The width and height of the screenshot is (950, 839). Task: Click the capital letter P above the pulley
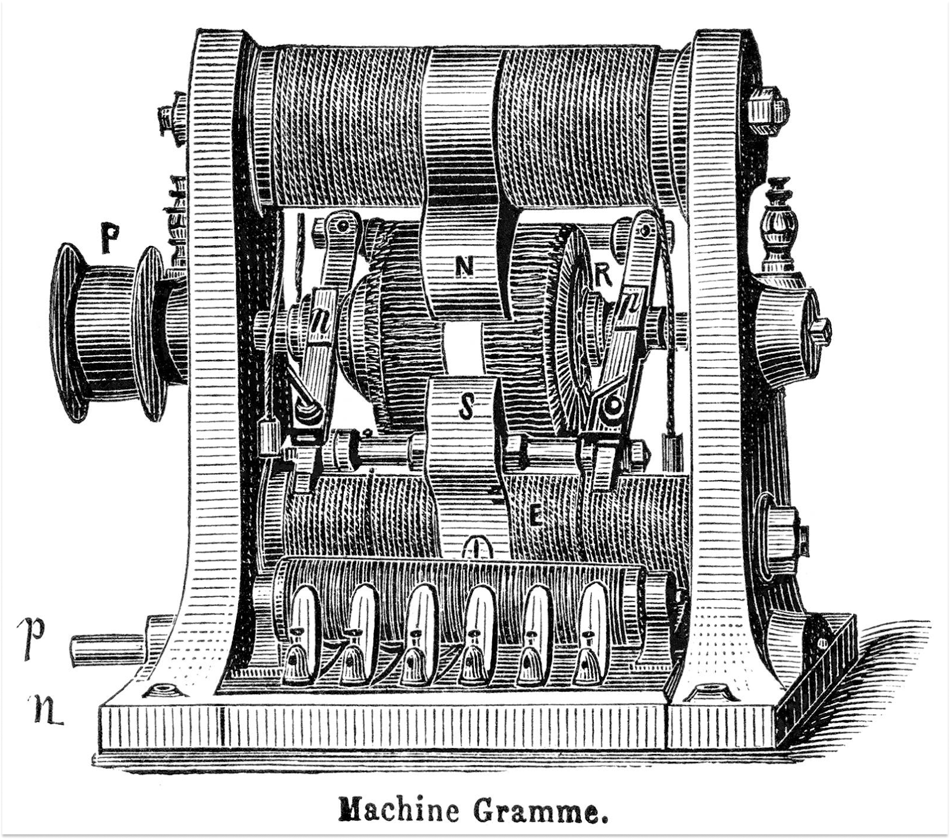coord(108,238)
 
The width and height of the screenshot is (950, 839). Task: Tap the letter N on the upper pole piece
coord(464,269)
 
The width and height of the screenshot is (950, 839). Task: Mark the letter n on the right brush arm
coord(629,306)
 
